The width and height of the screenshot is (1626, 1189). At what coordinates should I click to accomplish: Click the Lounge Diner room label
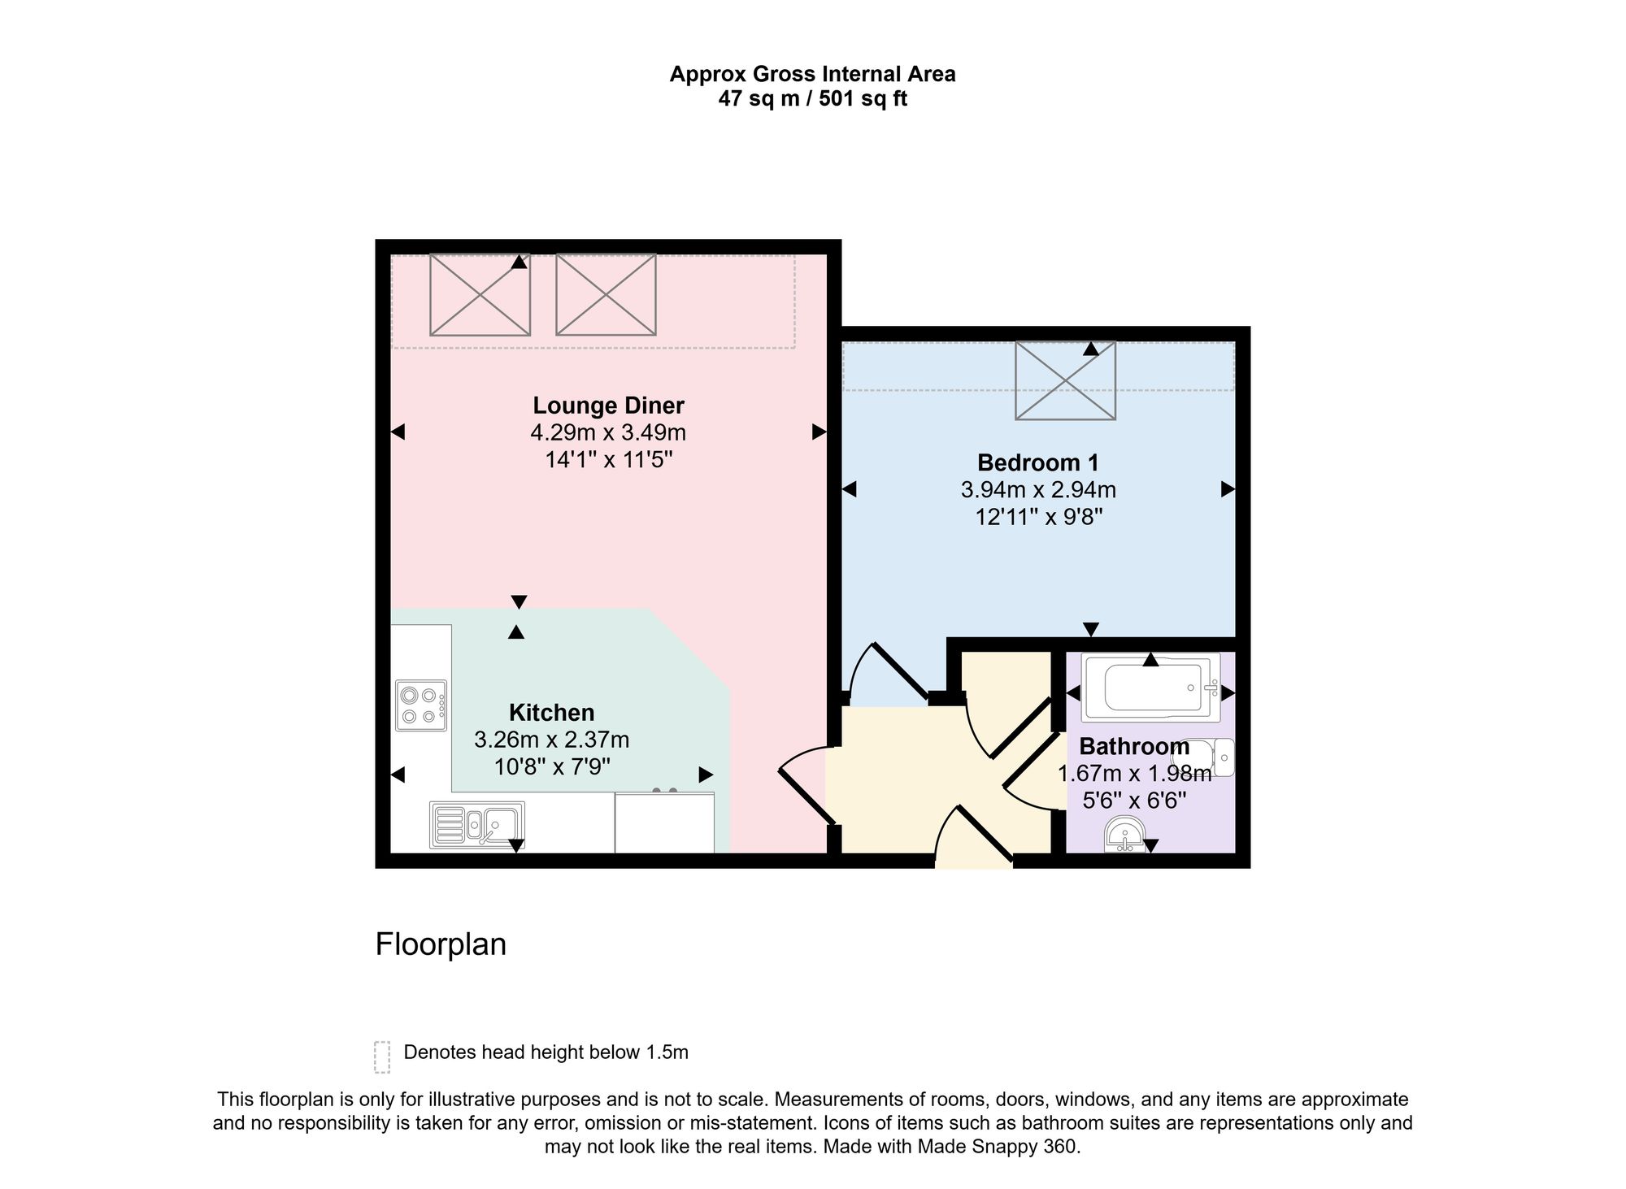coord(608,405)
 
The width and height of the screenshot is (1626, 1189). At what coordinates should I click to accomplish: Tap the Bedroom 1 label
coord(1038,462)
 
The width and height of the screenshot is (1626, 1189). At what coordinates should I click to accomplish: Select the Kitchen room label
coord(551,713)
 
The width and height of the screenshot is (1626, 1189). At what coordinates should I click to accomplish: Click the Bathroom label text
coord(1134,746)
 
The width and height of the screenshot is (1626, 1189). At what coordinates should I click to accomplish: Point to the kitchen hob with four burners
coord(421,705)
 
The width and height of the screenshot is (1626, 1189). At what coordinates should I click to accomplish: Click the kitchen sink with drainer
coord(477,825)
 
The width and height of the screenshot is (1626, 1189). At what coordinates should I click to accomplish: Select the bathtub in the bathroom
coord(1150,688)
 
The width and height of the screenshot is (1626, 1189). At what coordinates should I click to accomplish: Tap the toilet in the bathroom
coord(1209,757)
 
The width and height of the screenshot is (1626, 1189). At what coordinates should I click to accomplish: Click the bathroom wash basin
coord(1124,835)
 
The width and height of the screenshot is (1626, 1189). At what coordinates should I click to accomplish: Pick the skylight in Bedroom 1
coord(1065,380)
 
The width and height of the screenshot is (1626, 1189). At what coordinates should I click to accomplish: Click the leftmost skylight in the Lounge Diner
coord(480,294)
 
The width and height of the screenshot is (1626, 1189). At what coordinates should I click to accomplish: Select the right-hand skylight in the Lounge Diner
coord(606,294)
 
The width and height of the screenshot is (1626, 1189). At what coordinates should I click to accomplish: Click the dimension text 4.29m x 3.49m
coord(608,432)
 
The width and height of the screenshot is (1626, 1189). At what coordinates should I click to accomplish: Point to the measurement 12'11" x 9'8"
coord(1038,517)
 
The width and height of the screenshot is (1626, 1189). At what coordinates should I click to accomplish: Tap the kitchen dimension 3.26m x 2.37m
coord(551,740)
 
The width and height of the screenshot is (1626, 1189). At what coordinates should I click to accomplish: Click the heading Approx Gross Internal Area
coord(812,75)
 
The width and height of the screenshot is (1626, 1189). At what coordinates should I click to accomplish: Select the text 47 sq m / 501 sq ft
coord(812,99)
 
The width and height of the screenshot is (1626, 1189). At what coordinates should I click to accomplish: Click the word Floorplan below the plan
coord(441,944)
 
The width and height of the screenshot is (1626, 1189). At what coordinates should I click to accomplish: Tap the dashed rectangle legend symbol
coord(382,1057)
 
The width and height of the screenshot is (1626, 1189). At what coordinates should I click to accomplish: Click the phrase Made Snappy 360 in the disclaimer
coord(998,1147)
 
